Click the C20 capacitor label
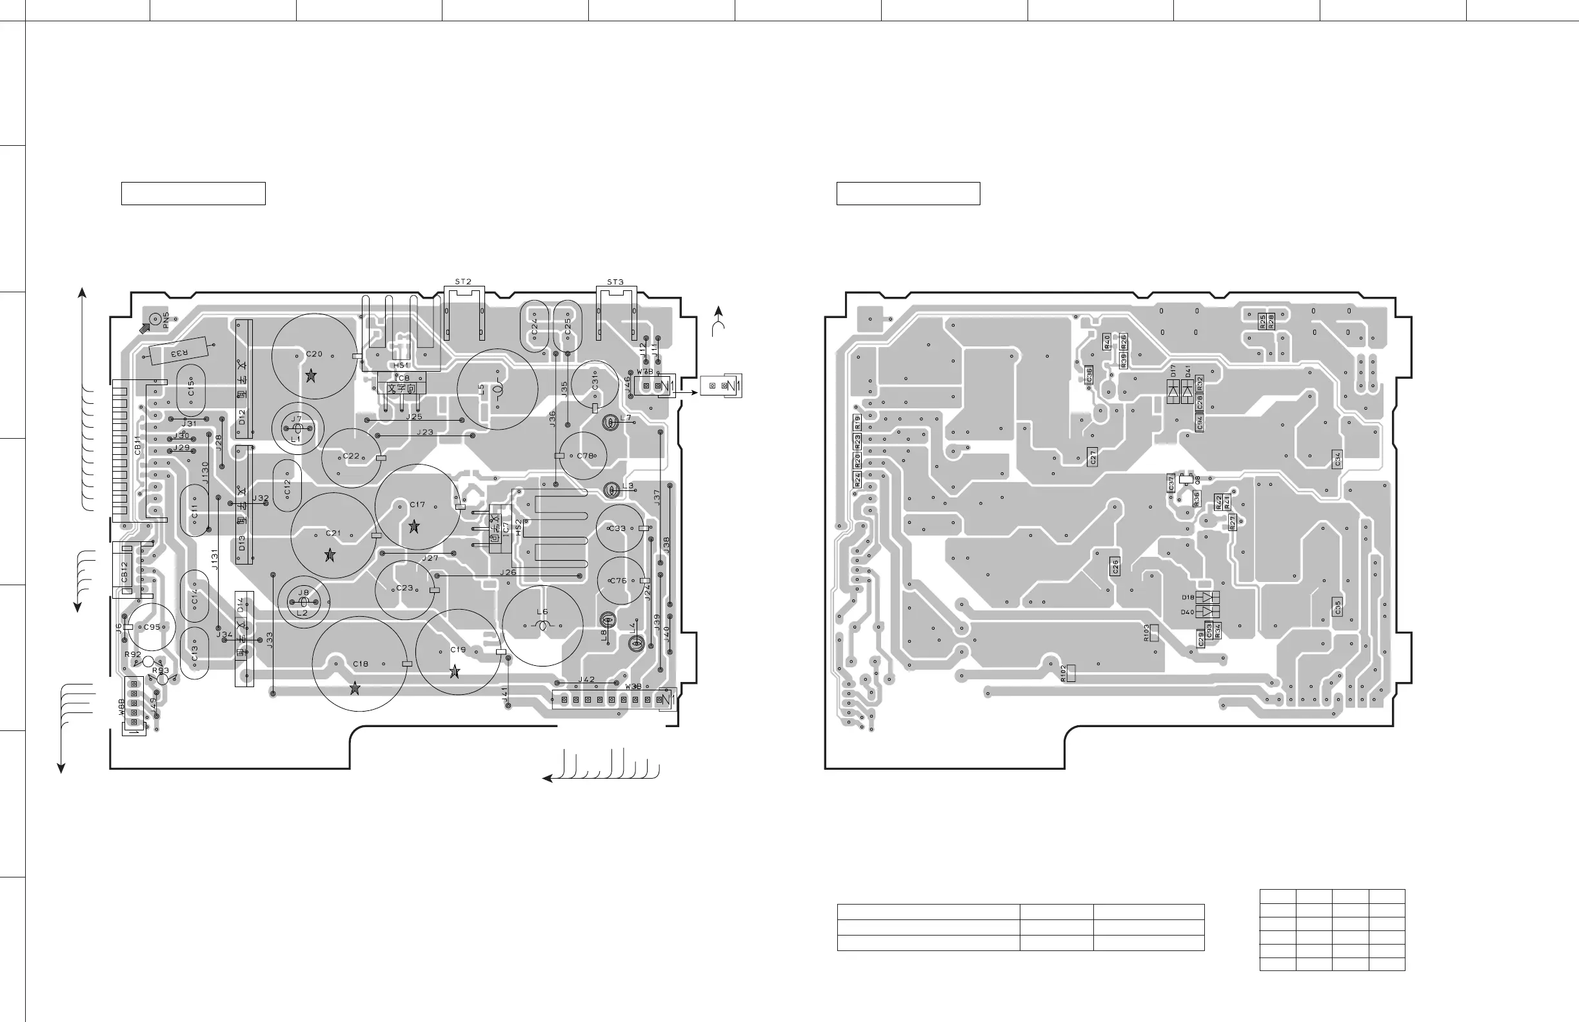(315, 354)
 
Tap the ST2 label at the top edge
(463, 282)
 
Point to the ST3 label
(615, 282)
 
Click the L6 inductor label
(542, 612)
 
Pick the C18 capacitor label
(361, 664)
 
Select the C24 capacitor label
(534, 326)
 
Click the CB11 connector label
(137, 445)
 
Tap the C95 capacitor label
(153, 626)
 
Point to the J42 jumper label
(586, 679)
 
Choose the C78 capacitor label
(585, 456)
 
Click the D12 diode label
(242, 417)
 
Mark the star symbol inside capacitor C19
(455, 672)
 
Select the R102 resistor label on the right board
(1063, 674)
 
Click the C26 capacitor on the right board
(1115, 566)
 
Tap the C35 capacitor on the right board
(1338, 606)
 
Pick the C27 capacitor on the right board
(1093, 457)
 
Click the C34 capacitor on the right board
(1338, 458)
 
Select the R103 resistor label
(1146, 632)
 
